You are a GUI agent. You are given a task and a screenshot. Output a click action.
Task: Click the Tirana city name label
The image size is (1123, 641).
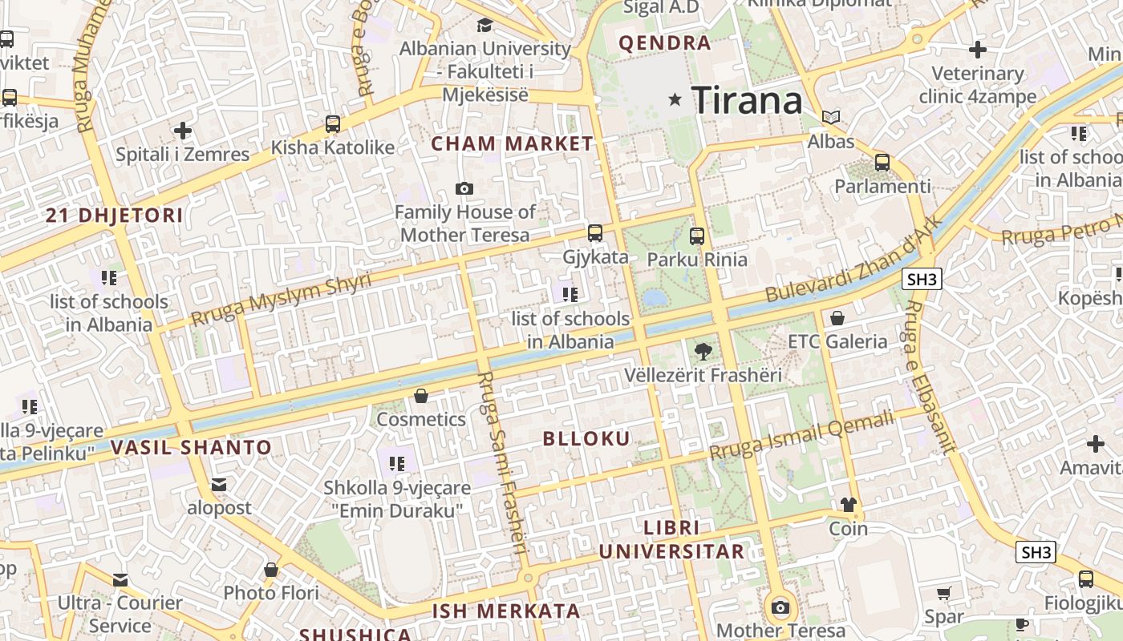(746, 100)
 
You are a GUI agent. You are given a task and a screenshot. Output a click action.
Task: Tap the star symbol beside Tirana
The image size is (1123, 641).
(675, 100)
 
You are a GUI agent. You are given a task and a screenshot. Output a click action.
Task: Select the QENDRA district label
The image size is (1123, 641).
(665, 43)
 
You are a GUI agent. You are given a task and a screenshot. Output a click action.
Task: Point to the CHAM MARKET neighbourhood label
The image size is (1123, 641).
(512, 144)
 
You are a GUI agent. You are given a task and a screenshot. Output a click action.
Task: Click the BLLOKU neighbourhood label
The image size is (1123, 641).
(586, 438)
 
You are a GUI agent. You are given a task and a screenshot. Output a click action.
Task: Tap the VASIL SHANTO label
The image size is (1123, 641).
(191, 447)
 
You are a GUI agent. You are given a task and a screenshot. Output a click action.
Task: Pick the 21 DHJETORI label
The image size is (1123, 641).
(114, 215)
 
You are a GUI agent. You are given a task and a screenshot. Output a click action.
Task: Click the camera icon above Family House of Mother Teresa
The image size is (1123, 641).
(464, 189)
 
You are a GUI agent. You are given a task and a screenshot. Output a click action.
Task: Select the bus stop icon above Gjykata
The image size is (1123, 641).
(594, 233)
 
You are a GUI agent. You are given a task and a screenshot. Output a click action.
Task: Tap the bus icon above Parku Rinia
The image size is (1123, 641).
(696, 236)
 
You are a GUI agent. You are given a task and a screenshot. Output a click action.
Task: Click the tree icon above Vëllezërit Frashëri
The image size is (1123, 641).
(703, 351)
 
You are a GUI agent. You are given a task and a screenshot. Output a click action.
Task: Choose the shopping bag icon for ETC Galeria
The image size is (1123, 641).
(837, 318)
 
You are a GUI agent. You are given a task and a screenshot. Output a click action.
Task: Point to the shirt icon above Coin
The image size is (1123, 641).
(849, 505)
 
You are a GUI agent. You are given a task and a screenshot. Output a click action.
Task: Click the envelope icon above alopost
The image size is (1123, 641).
(219, 485)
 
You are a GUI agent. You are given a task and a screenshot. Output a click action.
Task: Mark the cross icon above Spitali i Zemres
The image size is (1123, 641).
(183, 130)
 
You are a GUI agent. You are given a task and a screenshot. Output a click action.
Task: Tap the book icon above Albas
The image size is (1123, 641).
(831, 118)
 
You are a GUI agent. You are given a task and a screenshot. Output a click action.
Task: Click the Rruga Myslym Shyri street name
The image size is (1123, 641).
(282, 299)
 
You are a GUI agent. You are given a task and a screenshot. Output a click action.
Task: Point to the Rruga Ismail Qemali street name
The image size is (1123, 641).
(801, 435)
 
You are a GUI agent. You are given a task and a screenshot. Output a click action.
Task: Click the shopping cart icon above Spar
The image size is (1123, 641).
(944, 594)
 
